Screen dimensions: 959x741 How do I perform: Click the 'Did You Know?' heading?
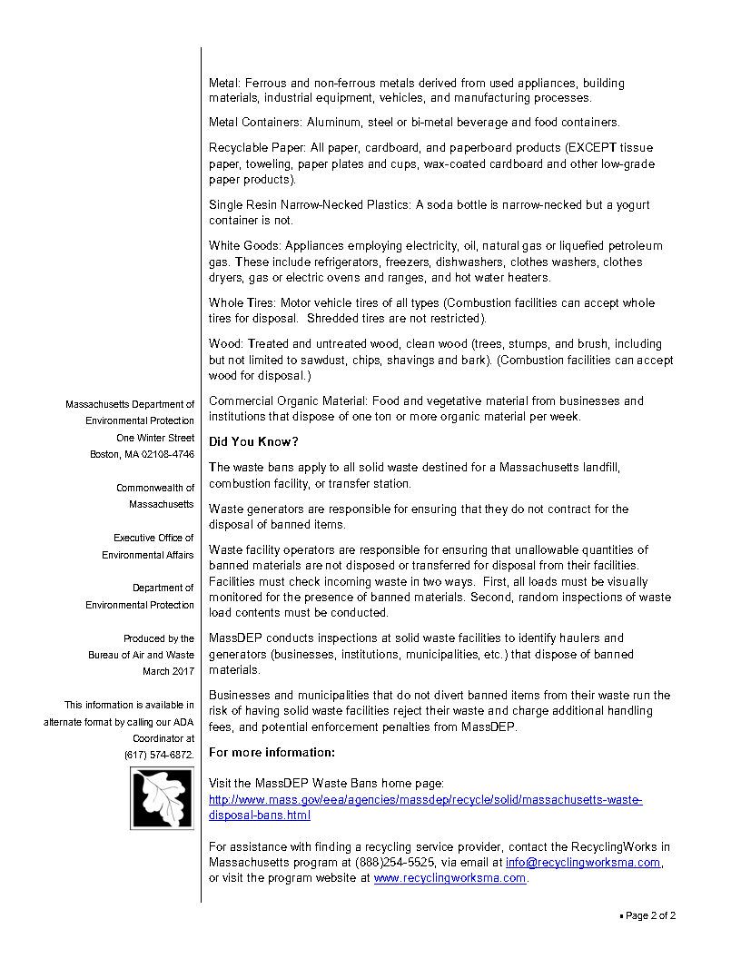click(x=253, y=442)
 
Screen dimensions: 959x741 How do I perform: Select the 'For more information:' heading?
click(x=272, y=753)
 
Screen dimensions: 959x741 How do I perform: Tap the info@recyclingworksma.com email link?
click(x=582, y=863)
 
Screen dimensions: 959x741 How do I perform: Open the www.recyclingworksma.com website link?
click(x=450, y=879)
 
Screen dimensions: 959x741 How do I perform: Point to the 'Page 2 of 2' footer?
click(x=650, y=916)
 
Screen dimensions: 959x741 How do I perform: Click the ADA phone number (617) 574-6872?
click(x=159, y=755)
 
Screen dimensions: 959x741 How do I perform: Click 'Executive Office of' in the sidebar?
click(x=153, y=538)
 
